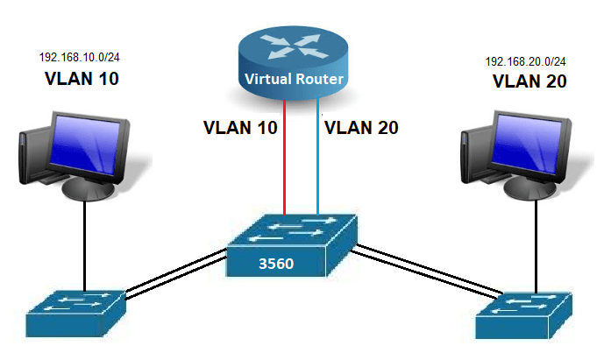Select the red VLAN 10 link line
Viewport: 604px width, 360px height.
pos(284,158)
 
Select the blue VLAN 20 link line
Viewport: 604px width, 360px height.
pos(317,158)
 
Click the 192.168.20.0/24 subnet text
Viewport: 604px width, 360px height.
pos(526,62)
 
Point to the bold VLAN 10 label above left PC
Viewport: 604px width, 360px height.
pos(81,79)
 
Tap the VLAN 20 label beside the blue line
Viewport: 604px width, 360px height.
pos(361,127)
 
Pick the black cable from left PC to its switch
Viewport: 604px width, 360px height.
pos(84,245)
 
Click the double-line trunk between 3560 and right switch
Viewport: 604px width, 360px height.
pos(421,272)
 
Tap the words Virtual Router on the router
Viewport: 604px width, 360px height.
pos(294,80)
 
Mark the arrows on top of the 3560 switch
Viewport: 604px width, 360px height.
pos(294,229)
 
